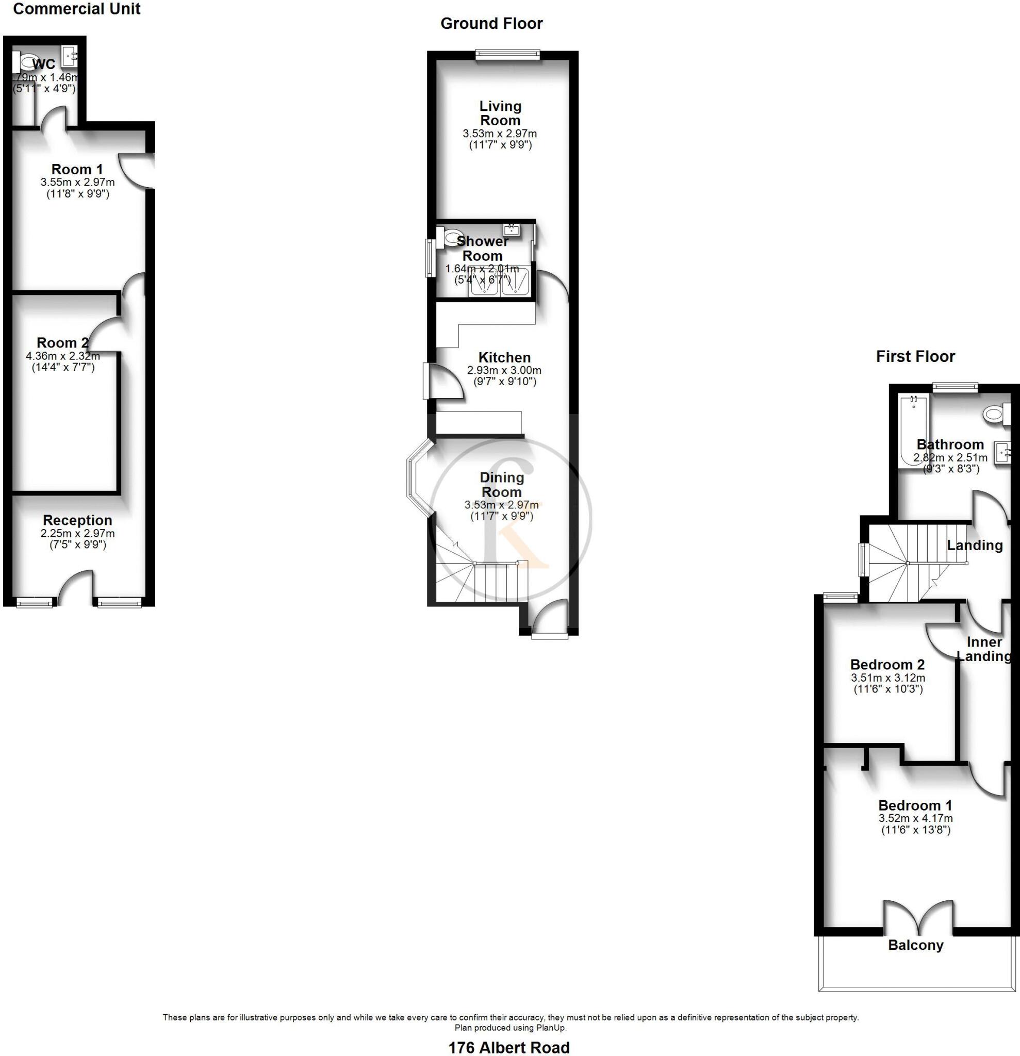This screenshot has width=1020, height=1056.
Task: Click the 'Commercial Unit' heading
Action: click(x=76, y=9)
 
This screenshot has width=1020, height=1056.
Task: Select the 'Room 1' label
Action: click(x=77, y=169)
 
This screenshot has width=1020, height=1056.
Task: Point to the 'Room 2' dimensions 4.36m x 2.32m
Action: click(x=63, y=356)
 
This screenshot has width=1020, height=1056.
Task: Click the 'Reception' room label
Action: click(x=77, y=520)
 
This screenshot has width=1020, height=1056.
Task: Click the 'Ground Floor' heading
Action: click(x=491, y=23)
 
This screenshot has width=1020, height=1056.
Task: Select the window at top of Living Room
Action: click(x=507, y=53)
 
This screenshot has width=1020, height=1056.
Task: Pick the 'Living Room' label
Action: click(x=501, y=113)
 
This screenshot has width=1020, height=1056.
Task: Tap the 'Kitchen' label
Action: click(x=504, y=357)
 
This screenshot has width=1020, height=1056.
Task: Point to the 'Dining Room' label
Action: click(x=502, y=484)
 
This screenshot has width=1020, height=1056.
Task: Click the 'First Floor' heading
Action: click(x=915, y=356)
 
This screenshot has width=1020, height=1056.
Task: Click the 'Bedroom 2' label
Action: click(x=887, y=664)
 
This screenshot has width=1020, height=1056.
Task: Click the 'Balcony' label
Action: click(x=915, y=945)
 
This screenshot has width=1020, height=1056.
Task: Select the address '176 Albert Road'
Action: click(x=508, y=1047)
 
